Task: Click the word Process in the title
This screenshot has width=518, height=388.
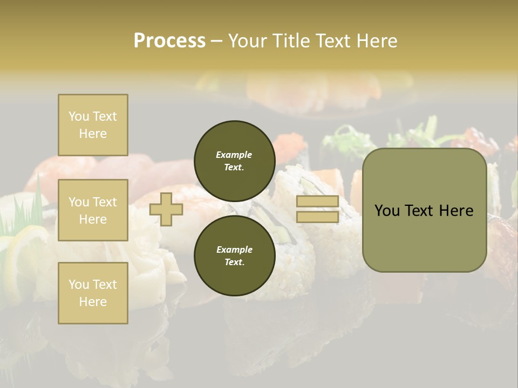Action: coord(169,40)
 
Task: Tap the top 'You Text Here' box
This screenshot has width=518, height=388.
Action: coord(93,125)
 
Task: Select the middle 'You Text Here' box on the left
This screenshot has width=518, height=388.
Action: coord(93,210)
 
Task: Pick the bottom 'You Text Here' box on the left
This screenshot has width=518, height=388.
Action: coord(93,293)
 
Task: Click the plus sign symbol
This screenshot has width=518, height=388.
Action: coord(166,209)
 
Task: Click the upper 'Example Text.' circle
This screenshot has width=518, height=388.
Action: coord(234,161)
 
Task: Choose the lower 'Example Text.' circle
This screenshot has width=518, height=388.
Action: coord(234,255)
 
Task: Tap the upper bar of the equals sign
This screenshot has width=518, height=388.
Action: coord(317,202)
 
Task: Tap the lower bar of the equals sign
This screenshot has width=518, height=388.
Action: coord(317,217)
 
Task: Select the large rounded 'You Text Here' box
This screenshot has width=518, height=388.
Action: coord(424,210)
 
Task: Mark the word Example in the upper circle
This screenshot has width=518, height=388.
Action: coord(234,155)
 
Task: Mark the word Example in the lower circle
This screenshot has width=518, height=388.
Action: coord(234,250)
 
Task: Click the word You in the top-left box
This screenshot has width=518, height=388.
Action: coord(79,116)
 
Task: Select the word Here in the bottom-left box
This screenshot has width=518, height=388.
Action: coord(93,302)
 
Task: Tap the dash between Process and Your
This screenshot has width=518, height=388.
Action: coord(216,41)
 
